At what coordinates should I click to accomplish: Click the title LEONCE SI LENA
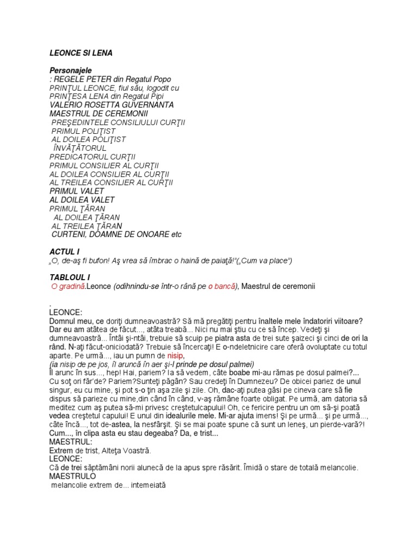[81, 53]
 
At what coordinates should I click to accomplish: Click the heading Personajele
[71, 71]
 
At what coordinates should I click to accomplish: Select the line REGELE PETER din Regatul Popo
[104, 79]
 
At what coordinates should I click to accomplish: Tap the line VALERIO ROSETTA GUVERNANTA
[112, 105]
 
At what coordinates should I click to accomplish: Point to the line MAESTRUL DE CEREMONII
[99, 114]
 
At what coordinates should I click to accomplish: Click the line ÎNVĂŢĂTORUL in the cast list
[79, 148]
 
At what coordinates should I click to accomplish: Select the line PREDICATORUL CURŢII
[93, 157]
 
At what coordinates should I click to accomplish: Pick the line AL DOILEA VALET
[82, 200]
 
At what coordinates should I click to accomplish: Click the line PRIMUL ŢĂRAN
[77, 209]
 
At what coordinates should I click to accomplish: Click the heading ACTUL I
[64, 252]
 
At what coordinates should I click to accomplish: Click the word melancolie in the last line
[71, 485]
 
